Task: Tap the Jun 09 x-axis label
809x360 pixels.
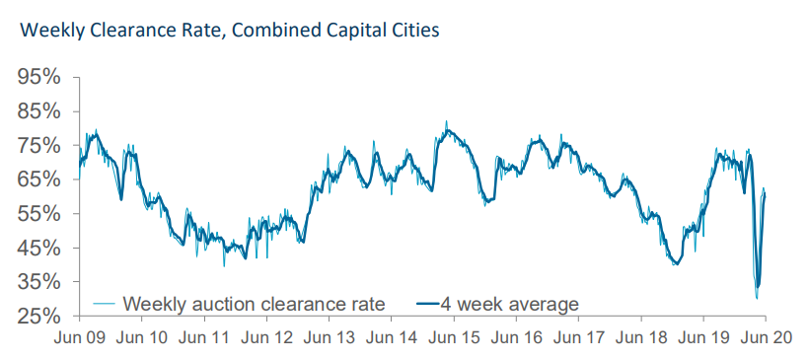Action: pos(80,338)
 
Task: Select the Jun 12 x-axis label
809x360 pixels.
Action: pos(266,338)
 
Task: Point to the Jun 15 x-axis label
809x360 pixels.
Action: pos(454,338)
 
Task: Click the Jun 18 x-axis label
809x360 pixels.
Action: pos(641,338)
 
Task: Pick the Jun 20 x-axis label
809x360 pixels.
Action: pos(766,338)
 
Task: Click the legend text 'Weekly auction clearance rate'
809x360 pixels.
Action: pos(254,304)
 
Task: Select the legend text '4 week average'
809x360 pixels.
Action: pos(509,304)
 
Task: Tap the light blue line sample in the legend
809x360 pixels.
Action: pos(106,304)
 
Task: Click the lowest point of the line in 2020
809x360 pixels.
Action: pos(757,299)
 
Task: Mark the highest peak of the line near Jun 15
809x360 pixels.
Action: pos(446,121)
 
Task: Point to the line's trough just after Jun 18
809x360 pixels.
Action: pos(676,264)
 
